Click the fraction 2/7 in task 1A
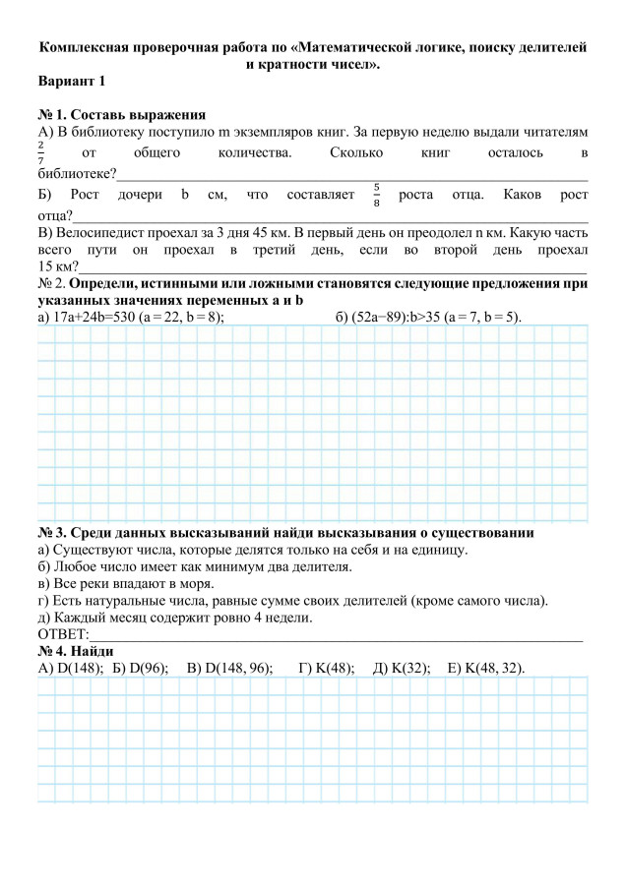point(41,152)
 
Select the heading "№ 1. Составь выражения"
point(121,114)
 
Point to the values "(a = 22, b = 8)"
point(181,316)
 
